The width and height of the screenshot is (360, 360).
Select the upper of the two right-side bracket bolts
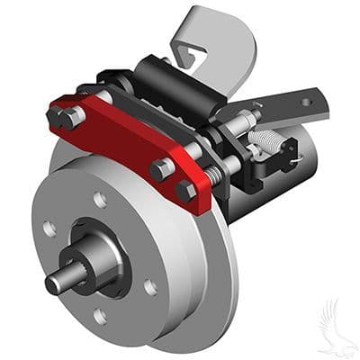pos(163,167)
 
